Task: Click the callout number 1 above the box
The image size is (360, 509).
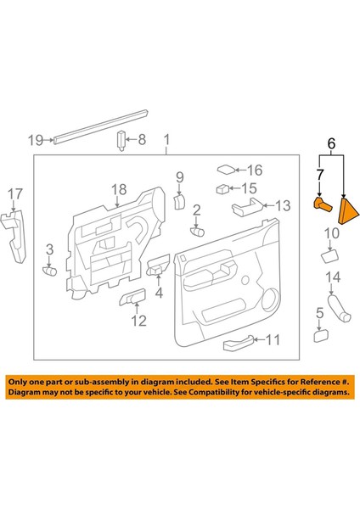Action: pos(166,138)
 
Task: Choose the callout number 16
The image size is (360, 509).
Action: pos(255,171)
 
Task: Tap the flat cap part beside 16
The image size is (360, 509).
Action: pos(227,170)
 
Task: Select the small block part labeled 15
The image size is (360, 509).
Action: pos(222,190)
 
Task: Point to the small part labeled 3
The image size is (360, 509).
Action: pos(49,271)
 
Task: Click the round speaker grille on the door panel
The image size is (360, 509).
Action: pos(273,298)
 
